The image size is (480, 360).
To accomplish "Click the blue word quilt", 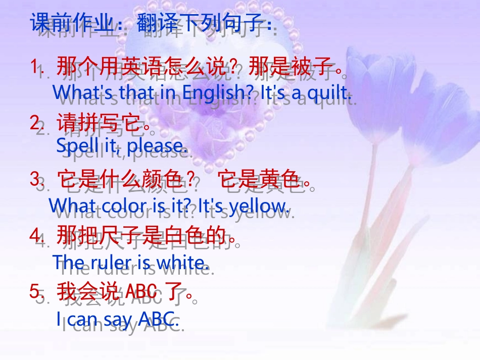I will [x=329, y=92].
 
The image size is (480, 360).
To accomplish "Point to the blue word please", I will [x=156, y=146].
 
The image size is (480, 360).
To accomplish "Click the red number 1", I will [x=35, y=66].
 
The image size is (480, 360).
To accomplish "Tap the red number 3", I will [x=35, y=178].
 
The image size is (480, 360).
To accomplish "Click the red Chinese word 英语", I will [x=138, y=66].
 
